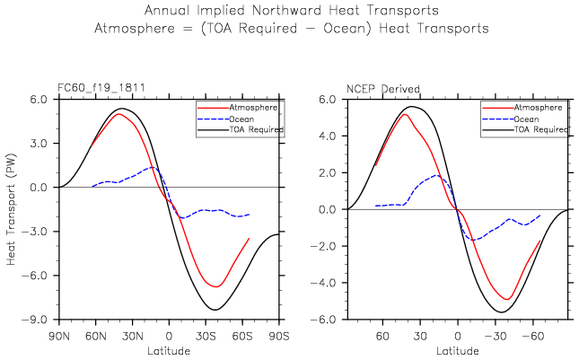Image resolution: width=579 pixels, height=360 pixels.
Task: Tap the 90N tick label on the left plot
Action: [59, 336]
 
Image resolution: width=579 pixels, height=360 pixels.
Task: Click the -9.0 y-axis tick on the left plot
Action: [37, 320]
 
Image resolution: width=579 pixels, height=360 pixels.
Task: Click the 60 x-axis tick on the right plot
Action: [382, 336]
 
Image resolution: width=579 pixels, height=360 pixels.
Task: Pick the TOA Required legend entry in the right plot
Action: [540, 129]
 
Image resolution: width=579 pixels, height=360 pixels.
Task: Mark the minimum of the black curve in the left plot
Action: [215, 310]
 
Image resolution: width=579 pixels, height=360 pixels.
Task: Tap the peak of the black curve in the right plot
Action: [412, 106]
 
